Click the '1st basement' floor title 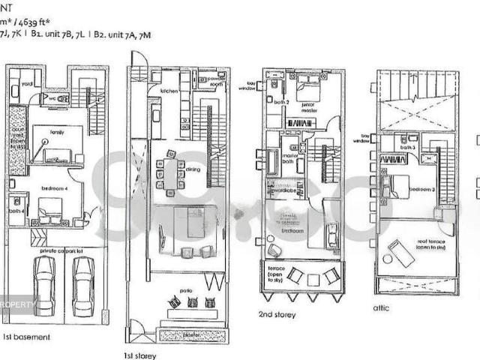pyautogui.click(x=27, y=337)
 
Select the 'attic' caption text pyautogui.click(x=382, y=307)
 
